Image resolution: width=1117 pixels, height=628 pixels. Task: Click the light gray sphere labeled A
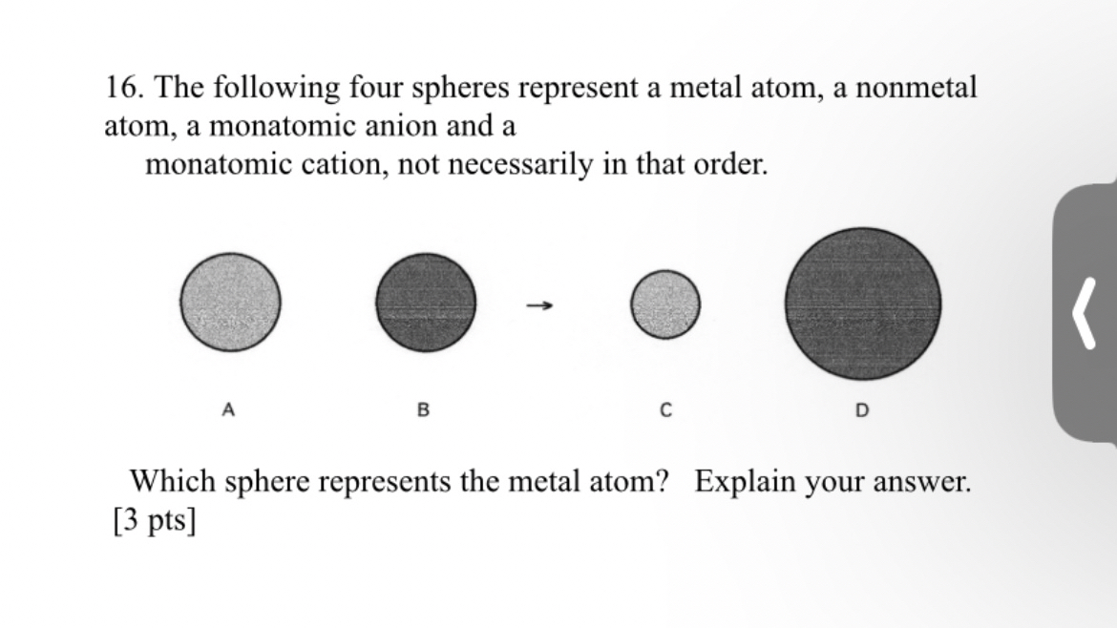point(230,303)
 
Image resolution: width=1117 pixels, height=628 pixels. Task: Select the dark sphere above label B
point(425,304)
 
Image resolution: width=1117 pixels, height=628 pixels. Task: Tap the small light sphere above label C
point(665,304)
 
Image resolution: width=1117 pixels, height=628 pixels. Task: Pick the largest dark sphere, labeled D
point(862,304)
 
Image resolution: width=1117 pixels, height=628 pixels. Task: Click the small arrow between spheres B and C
point(539,306)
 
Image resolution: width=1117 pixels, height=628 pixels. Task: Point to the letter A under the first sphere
point(227,410)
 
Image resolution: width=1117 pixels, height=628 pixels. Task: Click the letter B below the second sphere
point(424,410)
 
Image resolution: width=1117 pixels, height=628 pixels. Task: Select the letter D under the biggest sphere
point(862,410)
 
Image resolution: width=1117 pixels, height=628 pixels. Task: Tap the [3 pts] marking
point(155,521)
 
